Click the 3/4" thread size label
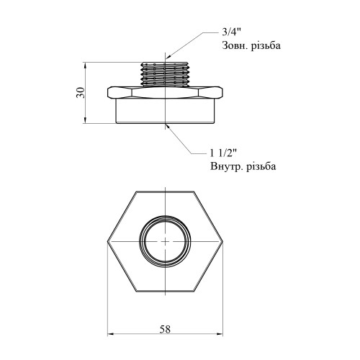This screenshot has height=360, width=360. pyautogui.click(x=230, y=32)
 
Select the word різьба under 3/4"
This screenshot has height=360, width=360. pyautogui.click(x=266, y=45)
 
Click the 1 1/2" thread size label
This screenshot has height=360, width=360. pyautogui.click(x=223, y=153)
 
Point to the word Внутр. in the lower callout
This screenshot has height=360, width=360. pyautogui.click(x=225, y=166)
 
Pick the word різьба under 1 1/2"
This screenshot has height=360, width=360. pyautogui.click(x=259, y=166)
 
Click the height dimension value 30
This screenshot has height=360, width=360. pyautogui.click(x=81, y=93)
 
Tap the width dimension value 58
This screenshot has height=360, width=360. pyautogui.click(x=165, y=329)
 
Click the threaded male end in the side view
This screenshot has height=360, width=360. pyautogui.click(x=165, y=74)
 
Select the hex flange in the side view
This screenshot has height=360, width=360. pyautogui.click(x=165, y=93)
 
